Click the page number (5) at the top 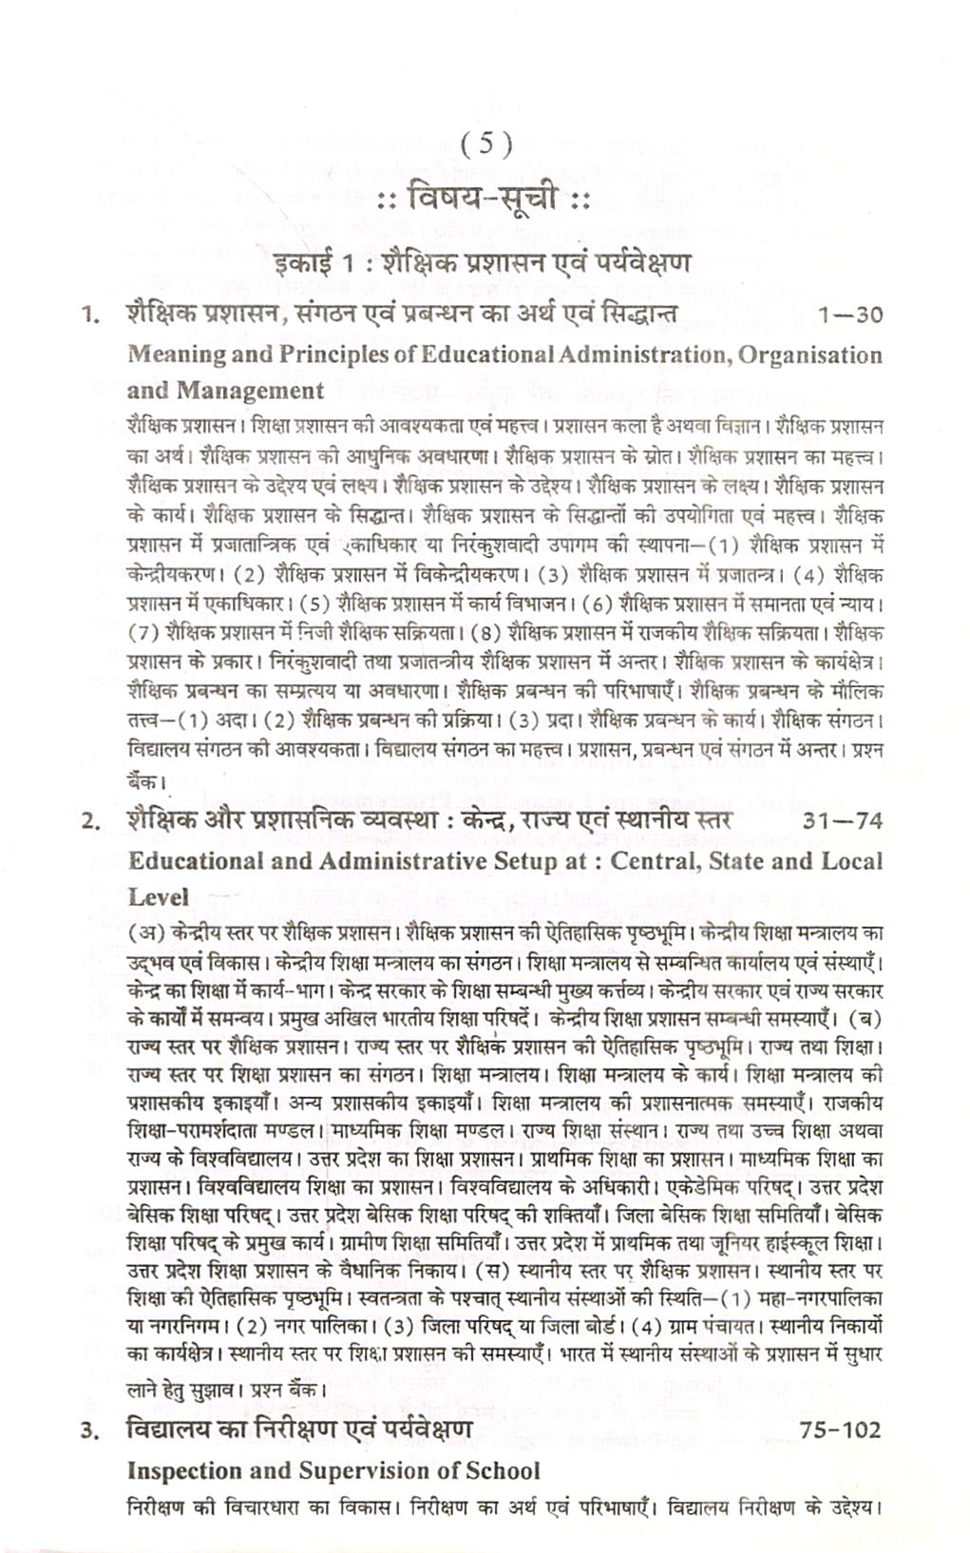click(x=485, y=144)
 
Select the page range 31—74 click(x=842, y=821)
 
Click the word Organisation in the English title click(x=810, y=355)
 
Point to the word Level click(x=159, y=897)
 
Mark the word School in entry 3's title click(x=502, y=1470)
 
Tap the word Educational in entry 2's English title click(x=199, y=861)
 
